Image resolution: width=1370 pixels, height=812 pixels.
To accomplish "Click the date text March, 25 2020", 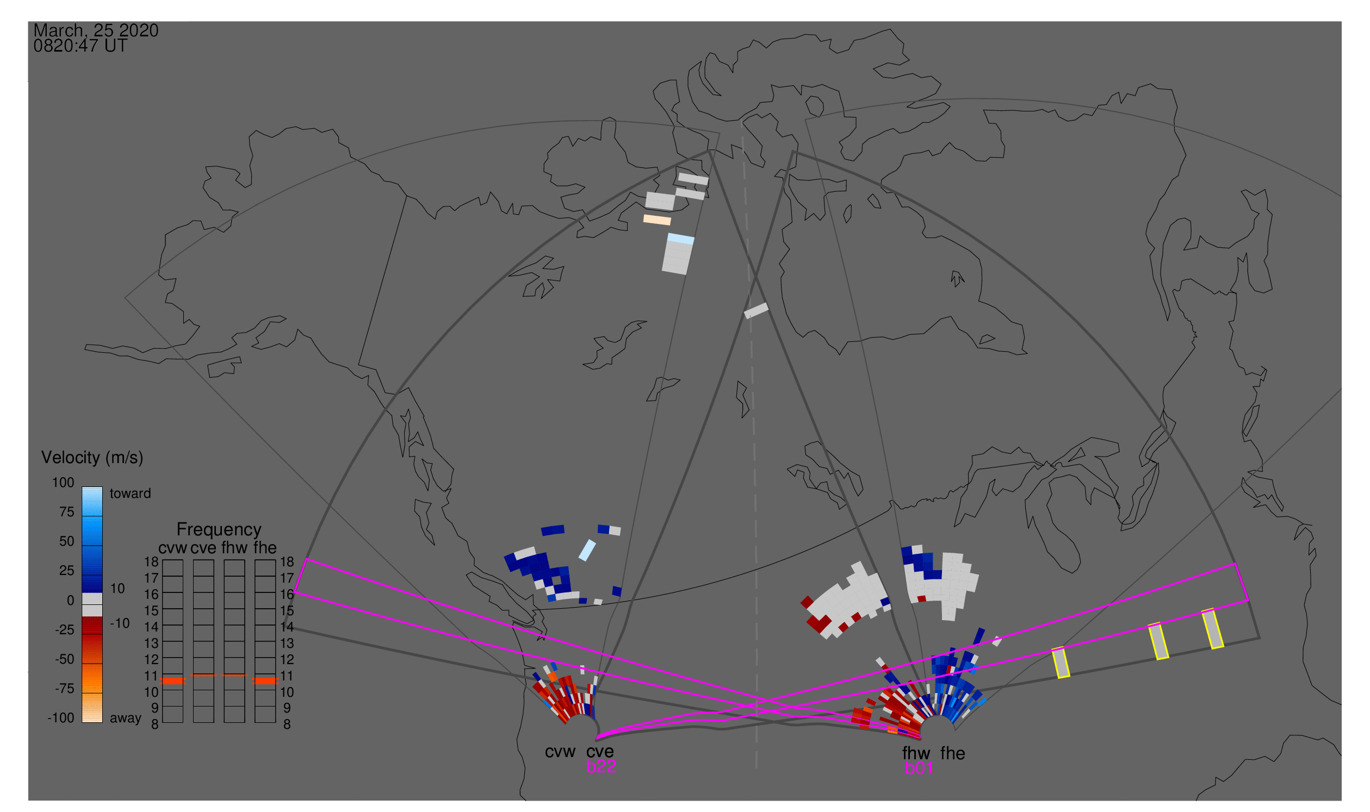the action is (x=96, y=30).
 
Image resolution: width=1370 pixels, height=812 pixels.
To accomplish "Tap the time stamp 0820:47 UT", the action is (x=80, y=46).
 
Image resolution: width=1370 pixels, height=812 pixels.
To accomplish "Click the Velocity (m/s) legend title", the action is (x=92, y=458).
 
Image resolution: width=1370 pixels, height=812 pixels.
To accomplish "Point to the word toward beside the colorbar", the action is (x=131, y=494).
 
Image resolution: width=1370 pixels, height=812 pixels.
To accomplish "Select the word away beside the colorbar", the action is (x=126, y=719).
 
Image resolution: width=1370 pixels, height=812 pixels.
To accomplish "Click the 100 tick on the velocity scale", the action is (x=63, y=483).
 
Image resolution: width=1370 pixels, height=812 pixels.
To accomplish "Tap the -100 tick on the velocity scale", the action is (x=61, y=718).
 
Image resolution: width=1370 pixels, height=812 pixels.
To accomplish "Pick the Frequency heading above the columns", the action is (x=219, y=530).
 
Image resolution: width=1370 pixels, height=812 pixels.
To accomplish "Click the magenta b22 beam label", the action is (x=601, y=766).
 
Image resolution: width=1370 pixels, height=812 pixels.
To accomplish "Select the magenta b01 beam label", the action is (x=919, y=768).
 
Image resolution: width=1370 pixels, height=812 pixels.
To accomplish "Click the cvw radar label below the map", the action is (x=560, y=752).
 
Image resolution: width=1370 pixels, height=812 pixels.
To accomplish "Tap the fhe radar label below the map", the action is (x=953, y=753).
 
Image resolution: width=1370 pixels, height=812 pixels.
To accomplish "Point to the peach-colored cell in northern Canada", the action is (x=657, y=220).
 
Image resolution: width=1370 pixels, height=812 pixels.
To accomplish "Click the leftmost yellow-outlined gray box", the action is (x=1061, y=663).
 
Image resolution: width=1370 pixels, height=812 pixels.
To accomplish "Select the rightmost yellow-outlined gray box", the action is (x=1213, y=629).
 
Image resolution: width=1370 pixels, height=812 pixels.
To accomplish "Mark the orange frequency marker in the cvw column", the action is (x=173, y=681).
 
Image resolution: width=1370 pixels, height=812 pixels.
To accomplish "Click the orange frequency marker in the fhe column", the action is (x=265, y=681).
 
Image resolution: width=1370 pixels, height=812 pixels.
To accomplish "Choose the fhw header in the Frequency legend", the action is (x=234, y=548).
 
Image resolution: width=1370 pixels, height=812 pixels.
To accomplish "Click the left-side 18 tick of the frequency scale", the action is (x=152, y=562).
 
